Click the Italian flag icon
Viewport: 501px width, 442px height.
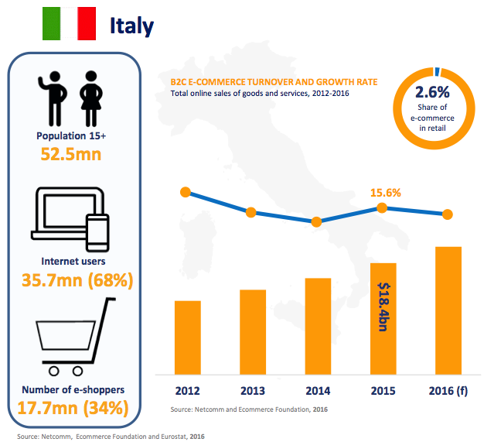click(x=69, y=24)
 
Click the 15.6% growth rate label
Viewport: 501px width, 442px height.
click(x=385, y=193)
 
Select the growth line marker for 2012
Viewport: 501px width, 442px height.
click(x=186, y=192)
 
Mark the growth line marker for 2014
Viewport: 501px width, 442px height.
click(x=316, y=221)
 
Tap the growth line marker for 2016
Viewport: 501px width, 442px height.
click(x=448, y=214)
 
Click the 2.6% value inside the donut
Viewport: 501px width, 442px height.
click(x=433, y=91)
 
